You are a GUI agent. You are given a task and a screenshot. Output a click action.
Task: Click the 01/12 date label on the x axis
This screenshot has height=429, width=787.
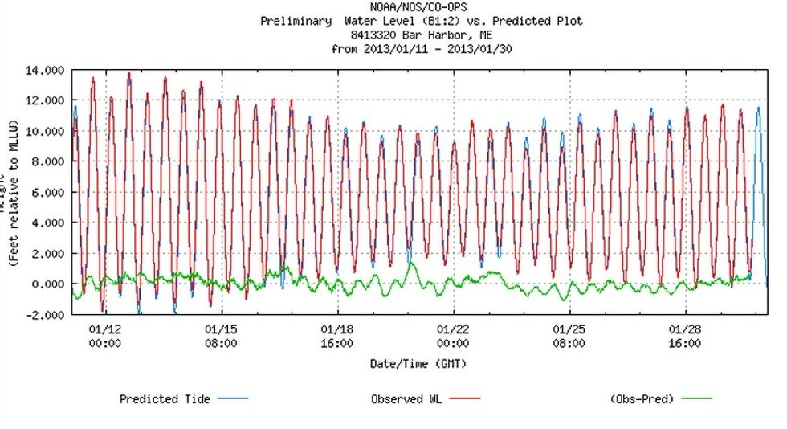pos(104,329)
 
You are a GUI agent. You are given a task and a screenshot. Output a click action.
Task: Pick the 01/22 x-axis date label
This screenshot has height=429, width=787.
pos(453,329)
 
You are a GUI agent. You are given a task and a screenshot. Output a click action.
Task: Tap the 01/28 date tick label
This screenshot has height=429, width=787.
pos(685,329)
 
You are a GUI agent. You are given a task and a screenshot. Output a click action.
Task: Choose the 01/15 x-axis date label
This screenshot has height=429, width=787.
pos(221,329)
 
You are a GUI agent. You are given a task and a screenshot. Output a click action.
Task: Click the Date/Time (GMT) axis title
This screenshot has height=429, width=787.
pos(418,363)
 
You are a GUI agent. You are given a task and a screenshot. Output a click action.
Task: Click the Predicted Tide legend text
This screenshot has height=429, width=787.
pos(165,398)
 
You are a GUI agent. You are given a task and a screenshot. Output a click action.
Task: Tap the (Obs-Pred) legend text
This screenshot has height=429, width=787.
pos(642,398)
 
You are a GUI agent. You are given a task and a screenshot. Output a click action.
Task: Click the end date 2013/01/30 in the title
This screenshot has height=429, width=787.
pos(481,49)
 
